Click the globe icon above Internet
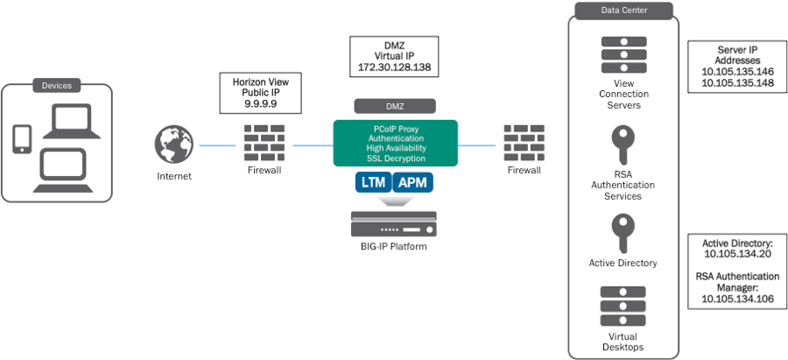[x=173, y=145]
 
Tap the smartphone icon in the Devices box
[x=23, y=138]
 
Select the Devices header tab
[x=57, y=85]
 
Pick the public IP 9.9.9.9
[x=260, y=102]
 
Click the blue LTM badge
[x=372, y=182]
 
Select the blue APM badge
[x=416, y=182]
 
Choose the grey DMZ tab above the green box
[x=395, y=105]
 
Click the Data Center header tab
[x=623, y=11]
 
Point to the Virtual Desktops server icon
[x=623, y=306]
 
